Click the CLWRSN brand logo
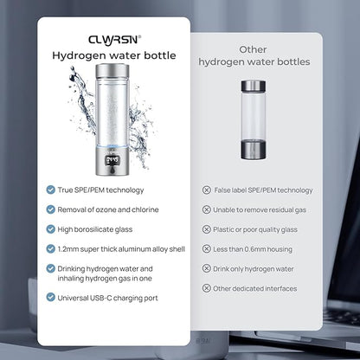point(115,40)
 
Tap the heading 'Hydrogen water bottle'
point(114,55)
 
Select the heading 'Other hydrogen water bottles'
point(254,55)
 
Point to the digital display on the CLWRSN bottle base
point(112,161)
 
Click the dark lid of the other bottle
point(254,86)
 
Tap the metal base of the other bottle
point(254,150)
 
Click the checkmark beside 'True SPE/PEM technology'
point(51,190)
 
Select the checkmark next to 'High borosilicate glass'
point(51,229)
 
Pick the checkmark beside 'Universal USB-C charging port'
point(51,298)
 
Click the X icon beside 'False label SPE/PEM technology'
point(207,190)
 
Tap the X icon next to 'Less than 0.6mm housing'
point(207,248)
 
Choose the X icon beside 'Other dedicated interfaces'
point(207,288)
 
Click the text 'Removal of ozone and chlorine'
point(108,209)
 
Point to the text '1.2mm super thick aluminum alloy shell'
point(121,249)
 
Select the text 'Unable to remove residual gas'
point(260,210)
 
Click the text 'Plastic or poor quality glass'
point(255,229)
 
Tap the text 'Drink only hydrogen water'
point(254,269)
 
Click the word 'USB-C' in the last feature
point(101,298)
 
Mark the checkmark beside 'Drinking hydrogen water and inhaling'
point(51,268)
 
